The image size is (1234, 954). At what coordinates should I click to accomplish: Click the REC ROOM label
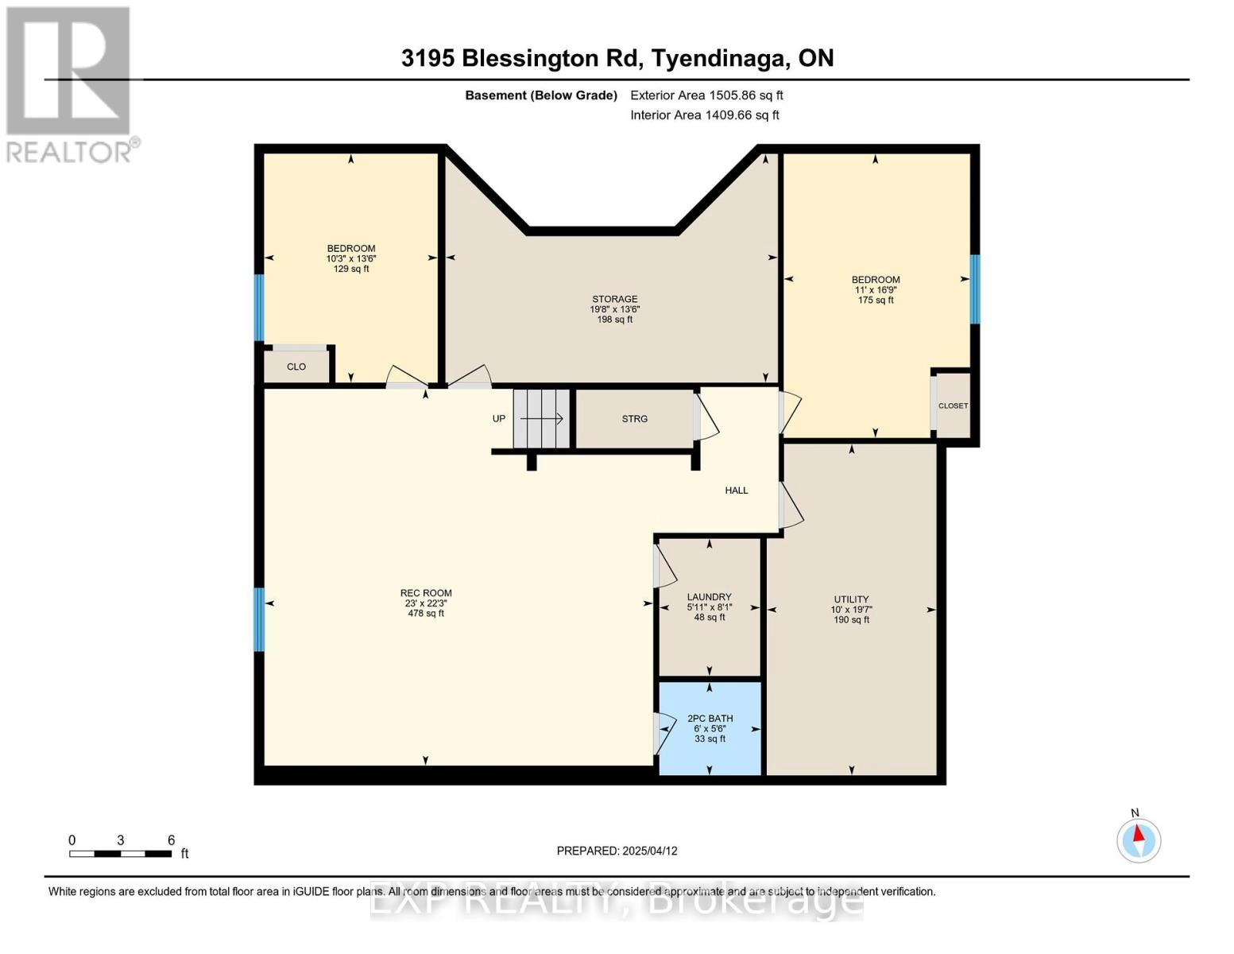pyautogui.click(x=426, y=593)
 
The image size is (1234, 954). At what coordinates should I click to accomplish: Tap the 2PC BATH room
pyautogui.click(x=710, y=728)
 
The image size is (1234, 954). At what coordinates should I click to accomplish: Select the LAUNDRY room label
pyautogui.click(x=709, y=597)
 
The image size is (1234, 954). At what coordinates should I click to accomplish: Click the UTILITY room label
pyautogui.click(x=851, y=599)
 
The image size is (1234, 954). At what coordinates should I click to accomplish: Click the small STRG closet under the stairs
pyautogui.click(x=634, y=419)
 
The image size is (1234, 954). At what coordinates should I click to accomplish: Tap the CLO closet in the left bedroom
pyautogui.click(x=296, y=366)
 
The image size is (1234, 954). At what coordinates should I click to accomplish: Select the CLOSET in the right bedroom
pyautogui.click(x=953, y=405)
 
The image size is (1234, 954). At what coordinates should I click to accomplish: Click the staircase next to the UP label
pyautogui.click(x=541, y=419)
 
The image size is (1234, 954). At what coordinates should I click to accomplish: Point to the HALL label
pyautogui.click(x=736, y=491)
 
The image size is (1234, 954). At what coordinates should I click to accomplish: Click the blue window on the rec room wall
pyautogui.click(x=258, y=619)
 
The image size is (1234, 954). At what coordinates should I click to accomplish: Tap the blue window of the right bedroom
pyautogui.click(x=975, y=289)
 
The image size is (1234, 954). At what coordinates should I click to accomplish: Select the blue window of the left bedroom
pyautogui.click(x=258, y=308)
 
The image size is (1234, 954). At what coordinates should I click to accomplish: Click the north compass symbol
pyautogui.click(x=1139, y=840)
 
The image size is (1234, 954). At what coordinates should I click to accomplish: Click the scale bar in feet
pyautogui.click(x=120, y=854)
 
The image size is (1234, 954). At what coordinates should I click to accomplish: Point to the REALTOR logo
pyautogui.click(x=69, y=83)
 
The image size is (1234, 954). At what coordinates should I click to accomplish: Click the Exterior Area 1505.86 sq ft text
pyautogui.click(x=706, y=95)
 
